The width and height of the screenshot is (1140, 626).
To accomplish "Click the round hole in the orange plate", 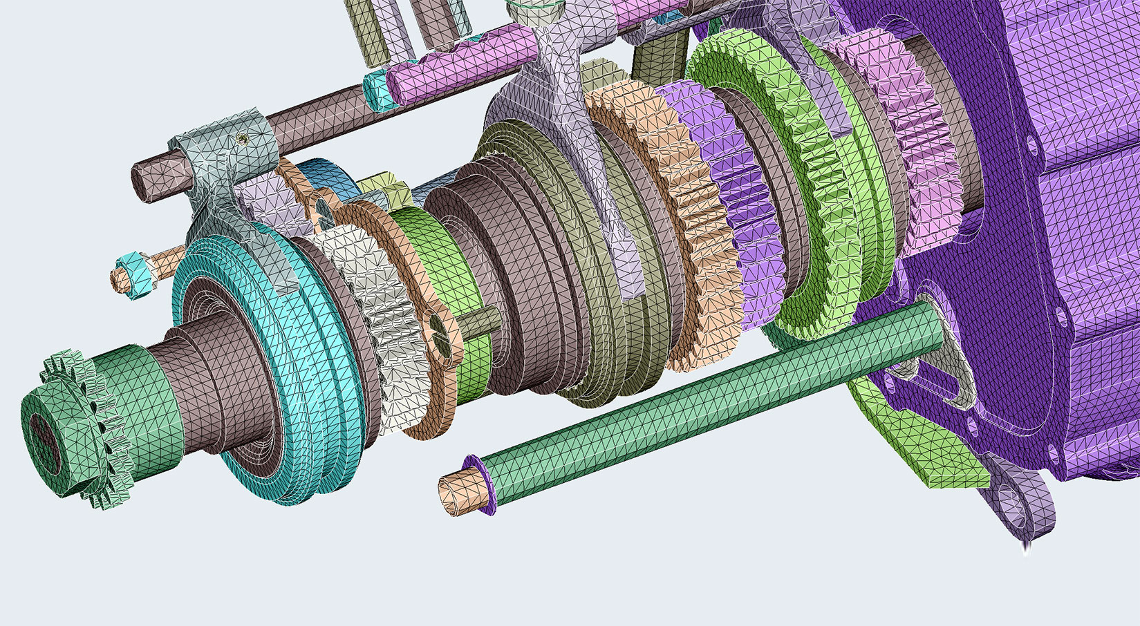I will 438,324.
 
